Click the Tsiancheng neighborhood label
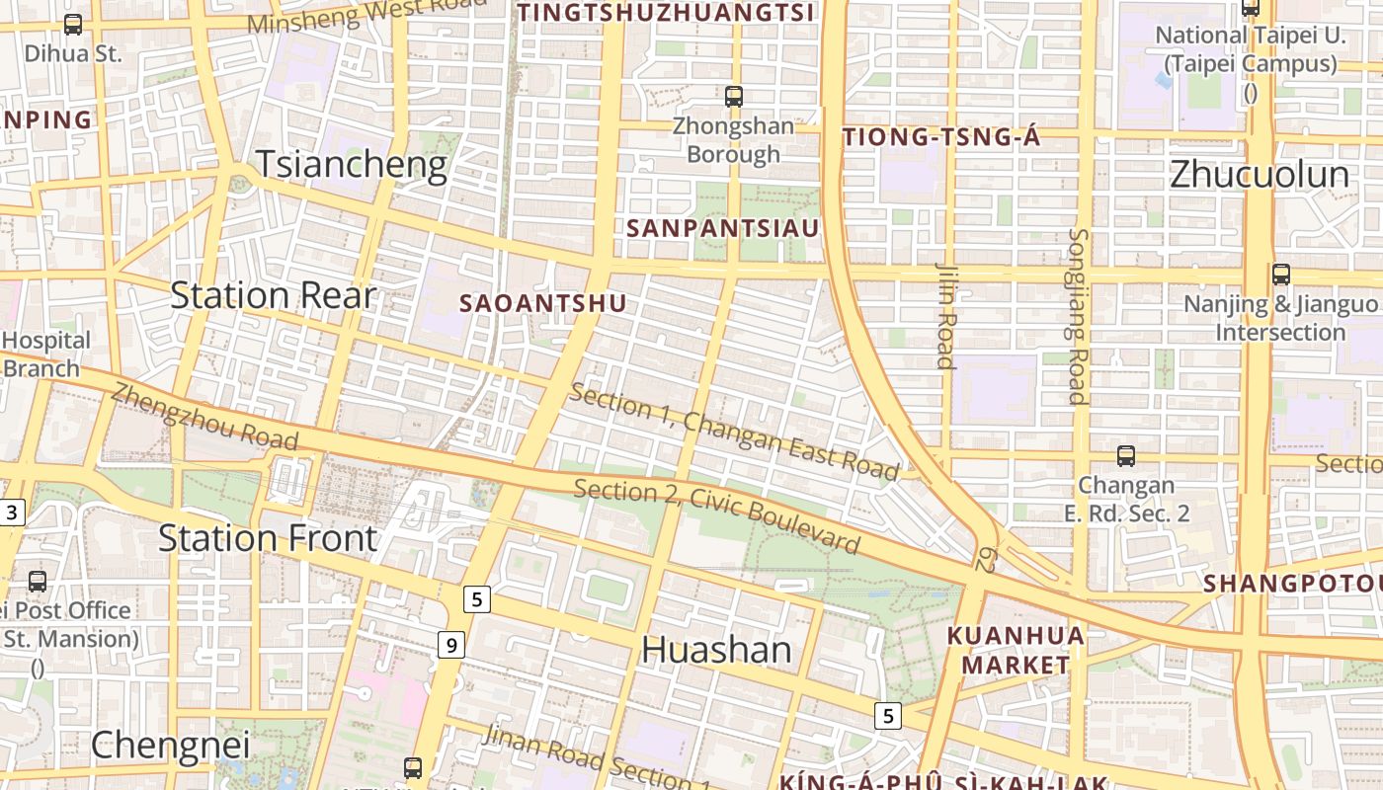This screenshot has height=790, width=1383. (352, 164)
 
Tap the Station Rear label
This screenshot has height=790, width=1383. (274, 295)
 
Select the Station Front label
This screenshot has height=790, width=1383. (268, 538)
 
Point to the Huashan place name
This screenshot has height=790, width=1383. (716, 650)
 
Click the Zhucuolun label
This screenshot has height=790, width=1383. (1259, 175)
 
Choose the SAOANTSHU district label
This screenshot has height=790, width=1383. (543, 303)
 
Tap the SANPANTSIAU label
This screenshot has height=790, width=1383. (723, 228)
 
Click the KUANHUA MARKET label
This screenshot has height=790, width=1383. (1016, 650)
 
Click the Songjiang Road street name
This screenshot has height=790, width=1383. (1078, 316)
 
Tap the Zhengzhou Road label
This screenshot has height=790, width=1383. (203, 415)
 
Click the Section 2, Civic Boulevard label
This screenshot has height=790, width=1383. (716, 515)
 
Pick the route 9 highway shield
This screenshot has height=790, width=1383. (451, 646)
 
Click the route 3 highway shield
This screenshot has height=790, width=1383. (11, 513)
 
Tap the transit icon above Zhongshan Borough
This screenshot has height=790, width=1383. (733, 96)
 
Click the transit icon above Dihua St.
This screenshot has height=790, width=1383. (73, 25)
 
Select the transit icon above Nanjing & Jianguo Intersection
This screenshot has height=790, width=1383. (1280, 275)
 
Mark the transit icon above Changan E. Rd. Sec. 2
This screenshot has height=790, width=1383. (1125, 456)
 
